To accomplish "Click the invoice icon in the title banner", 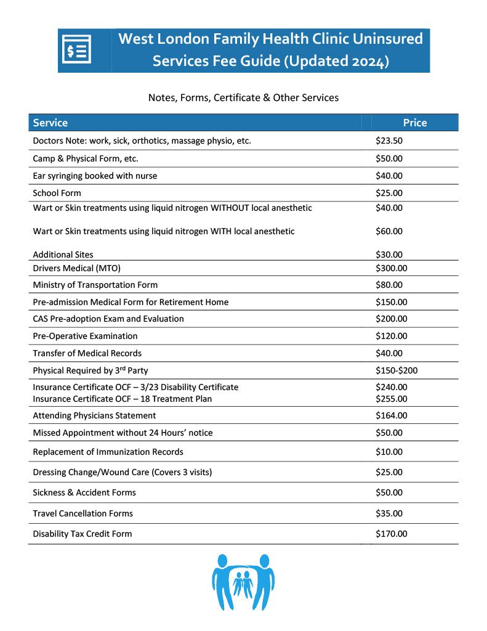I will tap(79, 51).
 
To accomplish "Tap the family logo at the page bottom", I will tap(243, 582).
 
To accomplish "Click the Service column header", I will tap(50, 123).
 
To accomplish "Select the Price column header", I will tap(414, 123).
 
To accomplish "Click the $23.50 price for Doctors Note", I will tap(388, 141).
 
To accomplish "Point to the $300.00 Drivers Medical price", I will tap(391, 268).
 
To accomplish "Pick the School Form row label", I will tap(54, 193).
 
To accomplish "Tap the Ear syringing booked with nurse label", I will tap(95, 176).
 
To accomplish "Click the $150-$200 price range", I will tap(397, 370).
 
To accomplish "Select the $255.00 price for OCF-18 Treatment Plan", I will tap(391, 399).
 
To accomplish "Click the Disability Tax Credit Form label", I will tap(82, 534).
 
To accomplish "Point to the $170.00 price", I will tap(391, 534).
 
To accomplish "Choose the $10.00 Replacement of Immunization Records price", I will tap(388, 452).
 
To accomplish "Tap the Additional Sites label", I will tap(63, 254).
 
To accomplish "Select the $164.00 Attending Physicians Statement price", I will tap(391, 415).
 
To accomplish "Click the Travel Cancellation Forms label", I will tap(83, 513).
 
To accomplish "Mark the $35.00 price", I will tap(388, 513).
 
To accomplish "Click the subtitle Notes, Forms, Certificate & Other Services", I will tap(243, 97).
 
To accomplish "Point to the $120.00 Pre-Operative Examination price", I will tap(391, 336).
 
